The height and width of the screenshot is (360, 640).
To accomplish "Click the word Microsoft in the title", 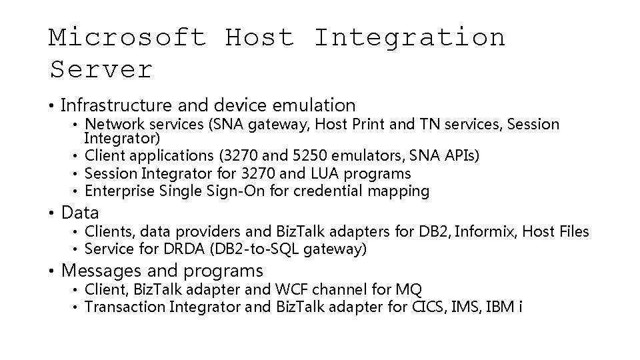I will coord(127,37).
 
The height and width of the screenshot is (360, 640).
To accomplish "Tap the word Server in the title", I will coord(101,69).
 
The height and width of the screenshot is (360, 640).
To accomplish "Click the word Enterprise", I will coord(122,191).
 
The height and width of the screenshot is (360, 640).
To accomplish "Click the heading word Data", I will coord(80,213).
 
